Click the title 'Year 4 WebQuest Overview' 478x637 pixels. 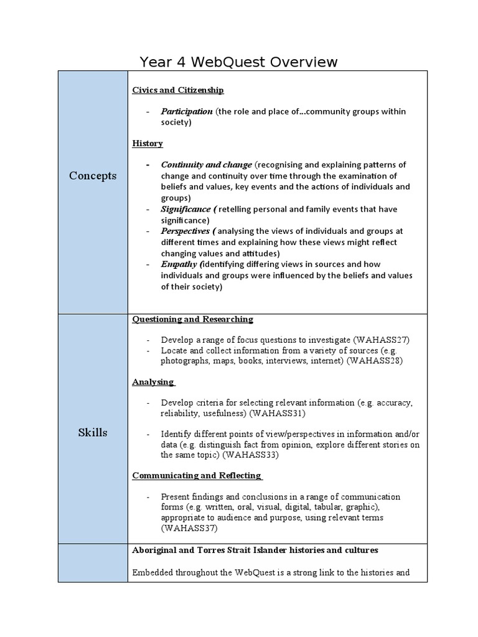[239, 62]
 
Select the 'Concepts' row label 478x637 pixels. [93, 176]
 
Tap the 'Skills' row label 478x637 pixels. [93, 432]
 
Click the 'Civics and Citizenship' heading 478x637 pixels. [178, 90]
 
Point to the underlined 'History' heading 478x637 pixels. [148, 144]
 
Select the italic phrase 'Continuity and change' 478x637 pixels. [207, 165]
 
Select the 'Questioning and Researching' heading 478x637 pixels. [192, 319]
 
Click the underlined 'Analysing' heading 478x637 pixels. [152, 382]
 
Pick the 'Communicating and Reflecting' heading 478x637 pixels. [196, 476]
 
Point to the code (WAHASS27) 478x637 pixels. [381, 340]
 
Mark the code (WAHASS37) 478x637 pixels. [189, 528]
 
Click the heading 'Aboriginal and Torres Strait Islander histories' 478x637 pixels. [255, 551]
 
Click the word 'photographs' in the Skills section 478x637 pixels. [184, 361]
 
